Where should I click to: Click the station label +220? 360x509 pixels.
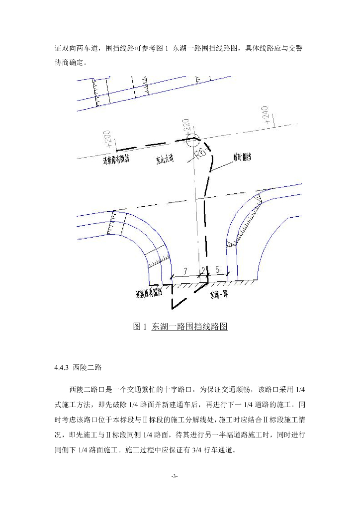tap(186, 127)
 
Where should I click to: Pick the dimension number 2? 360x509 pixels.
tap(203, 270)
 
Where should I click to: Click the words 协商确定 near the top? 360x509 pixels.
tap(70, 63)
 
